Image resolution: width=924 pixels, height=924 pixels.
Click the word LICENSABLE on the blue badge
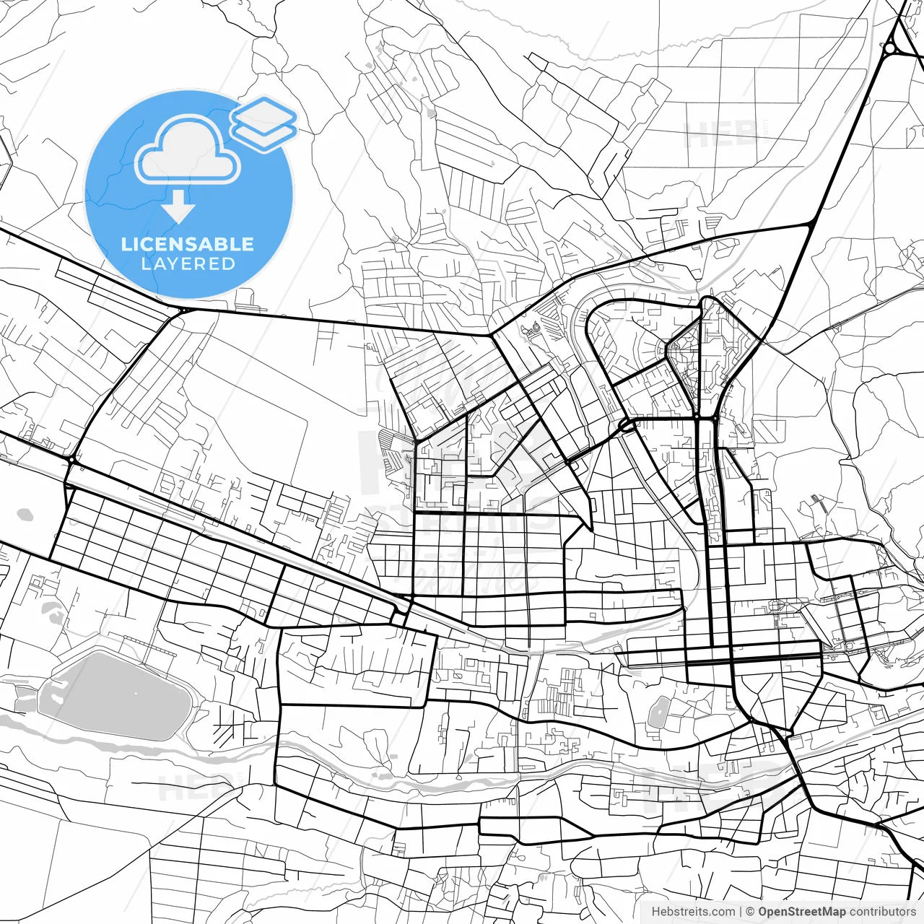coord(188,244)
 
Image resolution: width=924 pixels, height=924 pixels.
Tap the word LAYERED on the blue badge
coord(188,264)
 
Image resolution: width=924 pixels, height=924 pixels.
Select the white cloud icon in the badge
coord(188,150)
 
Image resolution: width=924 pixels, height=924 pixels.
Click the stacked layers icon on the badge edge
coord(264,123)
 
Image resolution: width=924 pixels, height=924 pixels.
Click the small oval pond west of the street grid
coord(25,515)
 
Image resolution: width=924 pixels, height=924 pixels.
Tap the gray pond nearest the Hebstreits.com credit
coord(658,713)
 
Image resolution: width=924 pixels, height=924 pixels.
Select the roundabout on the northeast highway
coord(890,48)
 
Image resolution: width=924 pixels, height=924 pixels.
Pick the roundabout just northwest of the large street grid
coord(72,459)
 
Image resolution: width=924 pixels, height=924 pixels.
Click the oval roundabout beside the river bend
coord(626,426)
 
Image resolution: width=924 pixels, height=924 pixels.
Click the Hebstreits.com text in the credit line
coord(693,912)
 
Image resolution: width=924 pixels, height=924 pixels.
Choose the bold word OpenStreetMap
coord(801,912)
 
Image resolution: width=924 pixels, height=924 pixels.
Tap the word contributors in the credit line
coord(882,912)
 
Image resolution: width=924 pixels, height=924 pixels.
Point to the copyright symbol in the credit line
coord(750,912)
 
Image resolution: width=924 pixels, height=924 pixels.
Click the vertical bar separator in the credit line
coord(741,912)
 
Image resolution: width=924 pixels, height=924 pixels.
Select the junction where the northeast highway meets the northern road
coord(813,225)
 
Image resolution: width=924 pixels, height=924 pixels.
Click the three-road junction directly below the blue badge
coord(184,310)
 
